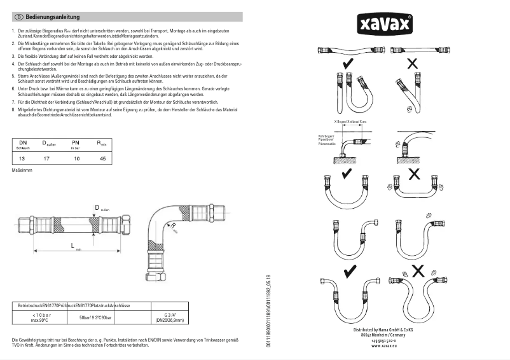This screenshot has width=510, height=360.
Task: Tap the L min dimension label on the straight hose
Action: pos(72,246)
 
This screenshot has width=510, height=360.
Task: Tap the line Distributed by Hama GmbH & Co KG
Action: pos(383,329)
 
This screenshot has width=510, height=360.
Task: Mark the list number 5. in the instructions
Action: pos(13,76)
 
